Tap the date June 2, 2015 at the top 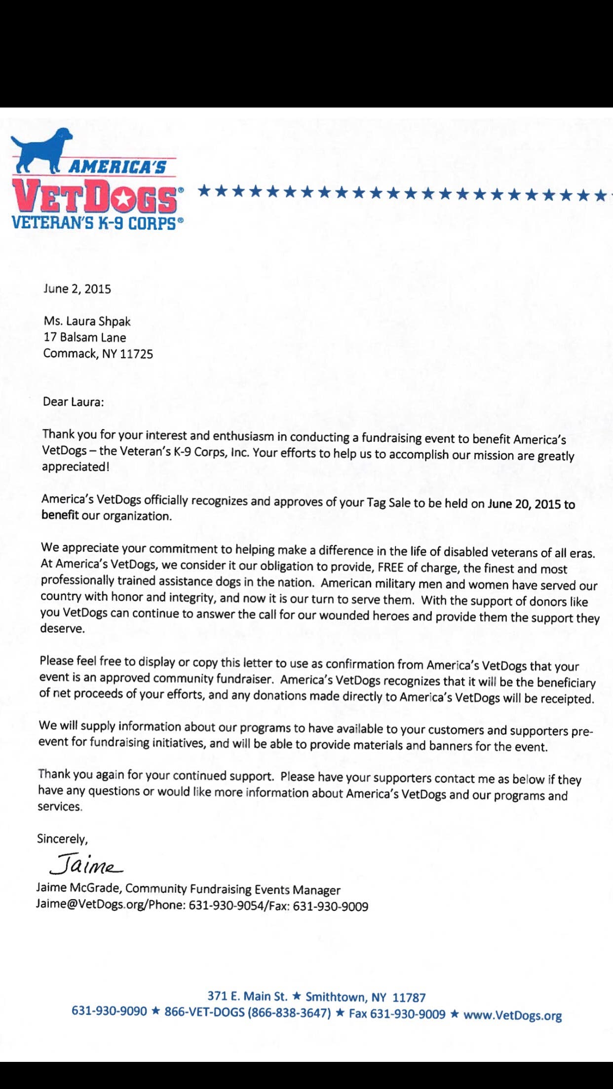click(x=77, y=289)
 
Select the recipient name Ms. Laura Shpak click(x=87, y=322)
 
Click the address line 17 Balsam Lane click(x=85, y=338)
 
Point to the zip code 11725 click(x=136, y=354)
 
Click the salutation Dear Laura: click(x=73, y=402)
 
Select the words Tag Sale click(x=388, y=503)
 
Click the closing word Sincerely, click(x=62, y=839)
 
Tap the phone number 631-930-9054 click(x=226, y=906)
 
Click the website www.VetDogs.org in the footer click(x=512, y=1015)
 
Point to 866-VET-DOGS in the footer click(x=204, y=1012)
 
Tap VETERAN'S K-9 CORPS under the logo click(x=94, y=223)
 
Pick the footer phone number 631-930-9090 click(x=109, y=1011)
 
